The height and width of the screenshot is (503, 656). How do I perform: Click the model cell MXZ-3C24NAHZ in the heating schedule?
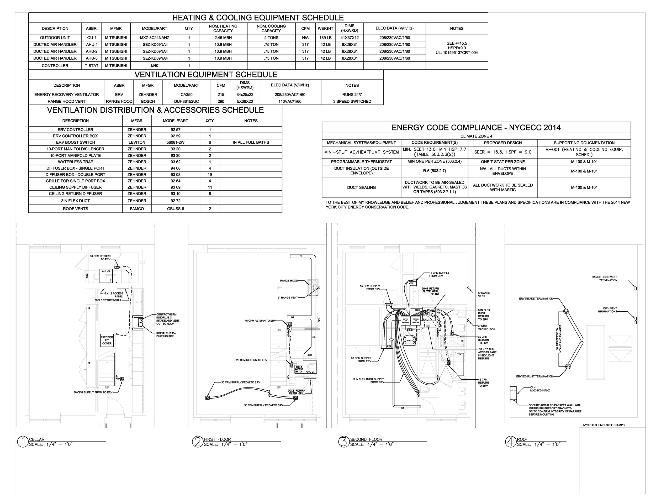155,38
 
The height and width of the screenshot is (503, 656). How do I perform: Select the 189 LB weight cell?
325,38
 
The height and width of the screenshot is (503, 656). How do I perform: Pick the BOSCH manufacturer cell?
148,102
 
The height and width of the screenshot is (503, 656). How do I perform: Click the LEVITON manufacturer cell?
137,143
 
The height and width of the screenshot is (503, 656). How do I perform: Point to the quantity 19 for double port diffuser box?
210,175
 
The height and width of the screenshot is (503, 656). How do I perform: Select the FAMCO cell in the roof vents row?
137,209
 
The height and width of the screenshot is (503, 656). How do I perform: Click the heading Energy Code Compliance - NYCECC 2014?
476,128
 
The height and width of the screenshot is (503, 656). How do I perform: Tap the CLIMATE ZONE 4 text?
476,136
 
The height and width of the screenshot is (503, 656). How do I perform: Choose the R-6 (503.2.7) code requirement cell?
434,171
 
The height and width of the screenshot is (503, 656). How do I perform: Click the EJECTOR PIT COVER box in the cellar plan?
107,340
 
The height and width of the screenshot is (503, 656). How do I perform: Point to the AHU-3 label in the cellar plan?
106,271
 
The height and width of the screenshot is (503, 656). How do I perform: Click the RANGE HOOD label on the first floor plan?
289,281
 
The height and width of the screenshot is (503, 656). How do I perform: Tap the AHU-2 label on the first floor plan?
309,372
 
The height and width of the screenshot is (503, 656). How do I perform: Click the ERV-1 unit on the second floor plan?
410,341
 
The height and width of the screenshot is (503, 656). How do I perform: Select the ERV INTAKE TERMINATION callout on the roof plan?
536,298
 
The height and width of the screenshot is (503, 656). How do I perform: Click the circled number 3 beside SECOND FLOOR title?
343,442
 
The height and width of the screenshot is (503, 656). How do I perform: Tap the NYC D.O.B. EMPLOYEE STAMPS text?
604,425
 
